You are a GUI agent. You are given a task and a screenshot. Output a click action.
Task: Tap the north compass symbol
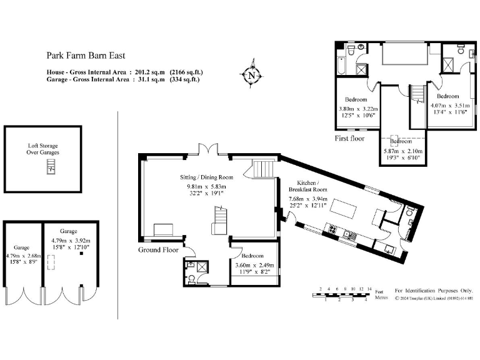251,75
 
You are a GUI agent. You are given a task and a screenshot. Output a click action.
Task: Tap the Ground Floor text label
158,250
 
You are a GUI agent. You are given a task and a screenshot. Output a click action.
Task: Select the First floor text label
349,139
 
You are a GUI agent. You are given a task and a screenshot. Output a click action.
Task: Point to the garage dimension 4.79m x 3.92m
70,241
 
